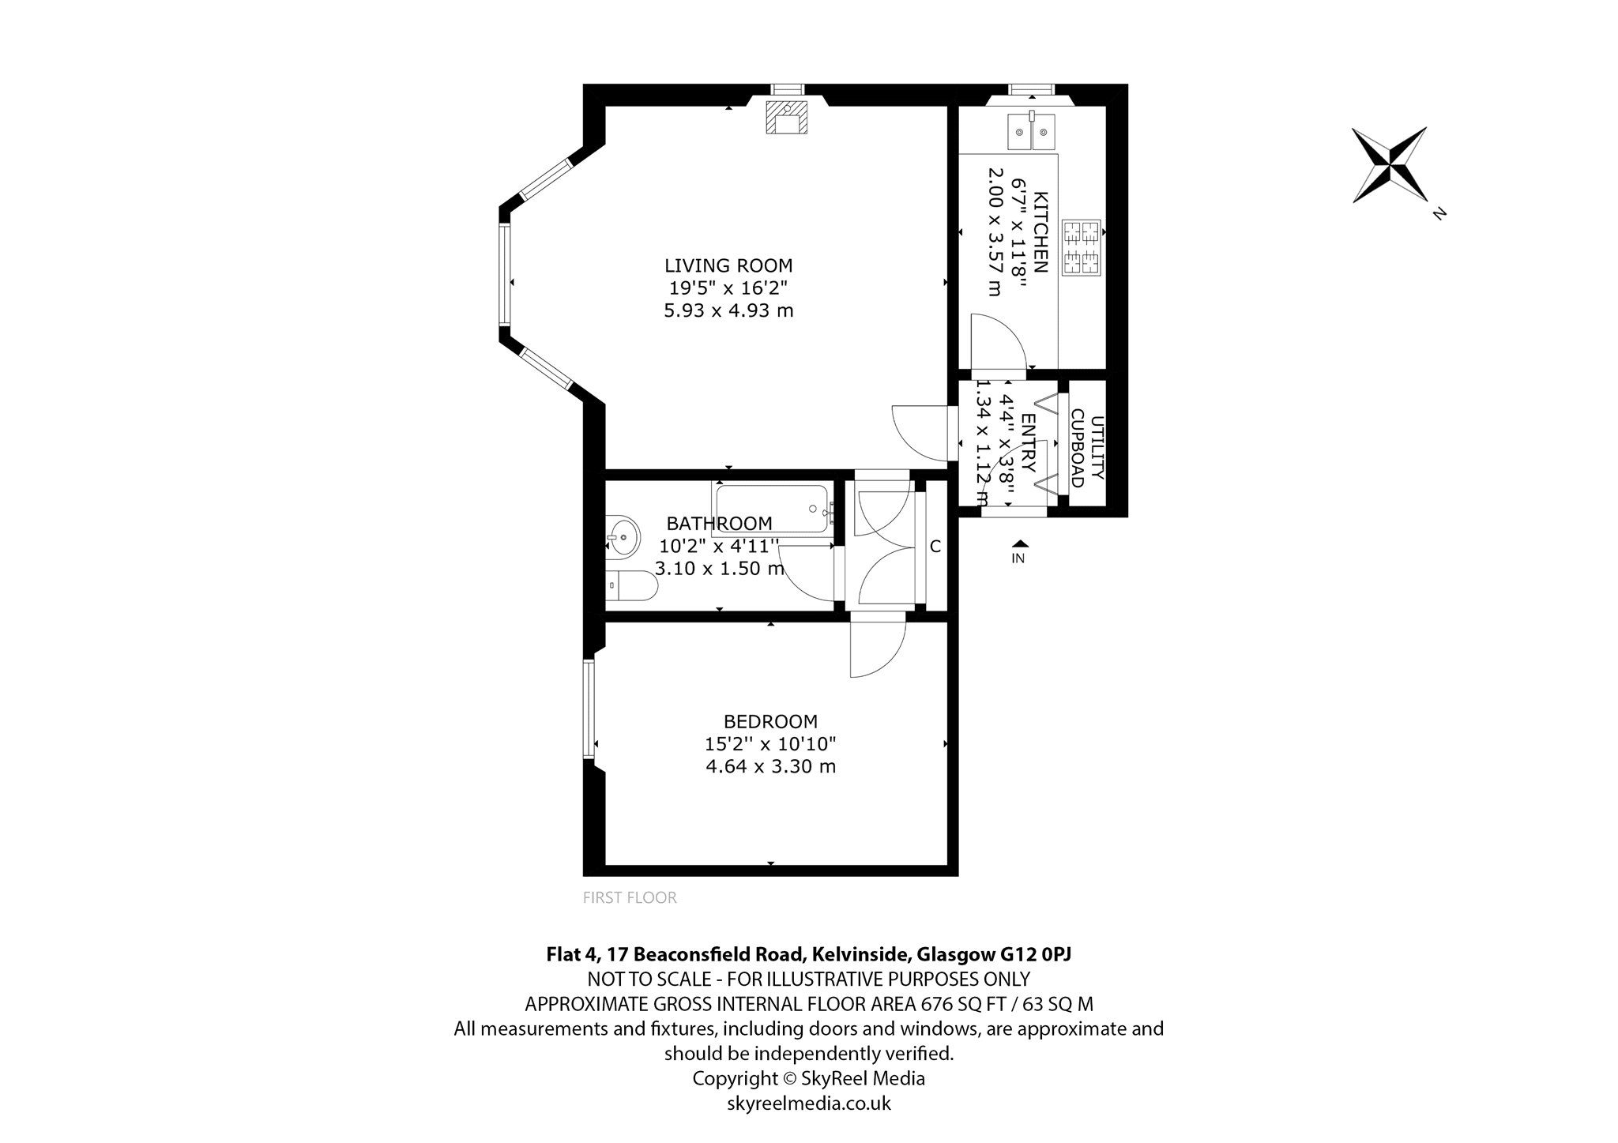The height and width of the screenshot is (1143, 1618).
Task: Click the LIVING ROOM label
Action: click(x=728, y=265)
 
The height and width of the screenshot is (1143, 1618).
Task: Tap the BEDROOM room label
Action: click(x=770, y=721)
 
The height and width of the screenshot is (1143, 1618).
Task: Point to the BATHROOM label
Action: click(x=719, y=523)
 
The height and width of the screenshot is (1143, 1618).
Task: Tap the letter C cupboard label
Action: click(x=935, y=546)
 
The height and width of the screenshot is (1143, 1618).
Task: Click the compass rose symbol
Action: click(x=1389, y=164)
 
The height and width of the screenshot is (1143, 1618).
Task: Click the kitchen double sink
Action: click(x=1032, y=131)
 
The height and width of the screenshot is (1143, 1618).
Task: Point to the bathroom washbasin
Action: click(x=623, y=539)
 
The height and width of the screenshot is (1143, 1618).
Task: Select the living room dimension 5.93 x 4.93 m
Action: click(x=728, y=310)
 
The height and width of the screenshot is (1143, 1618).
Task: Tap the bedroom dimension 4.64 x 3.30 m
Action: click(x=770, y=766)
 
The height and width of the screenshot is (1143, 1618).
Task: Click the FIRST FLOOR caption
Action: click(x=630, y=897)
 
